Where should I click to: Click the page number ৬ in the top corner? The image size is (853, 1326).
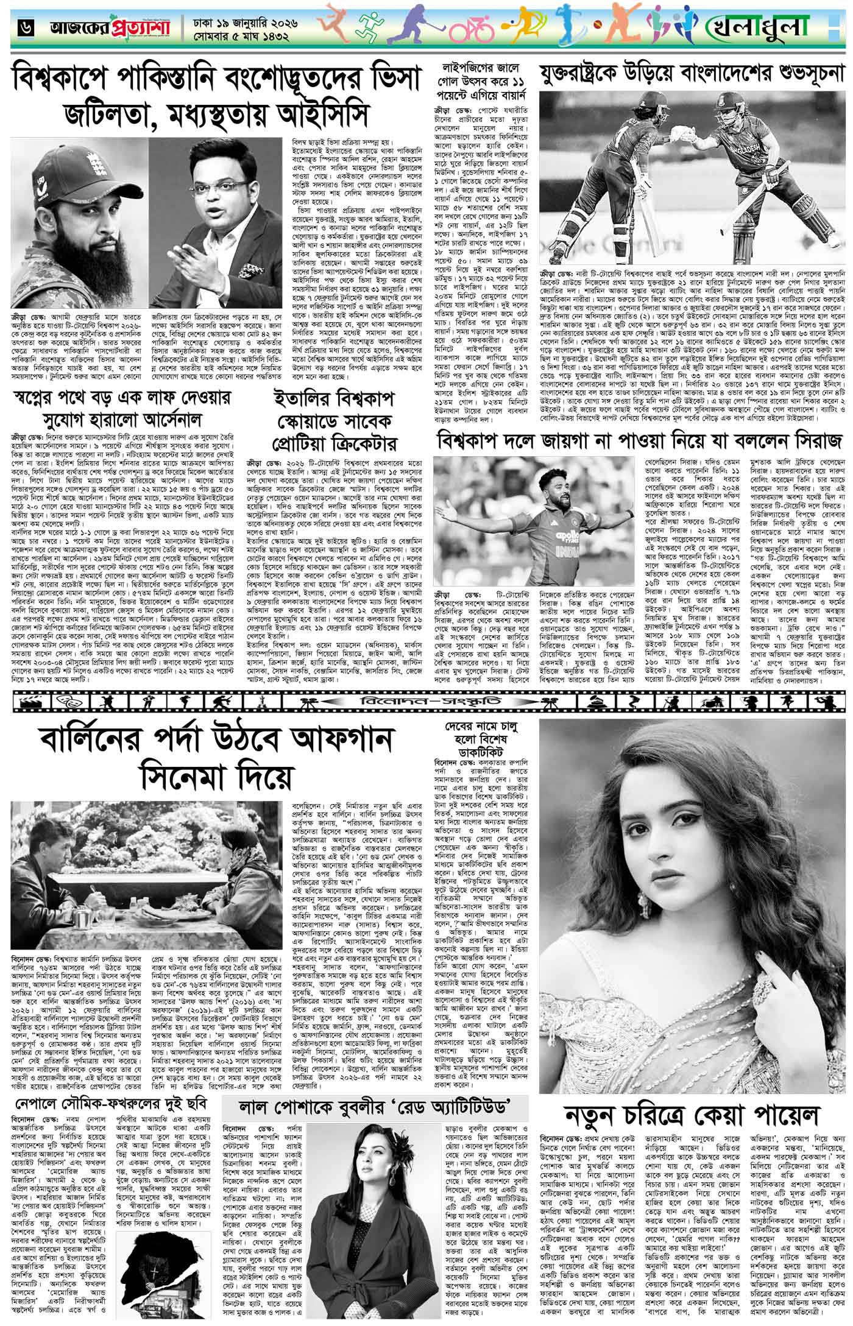[x=13, y=26]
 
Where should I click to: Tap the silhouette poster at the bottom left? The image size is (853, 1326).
[x=164, y=1285]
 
